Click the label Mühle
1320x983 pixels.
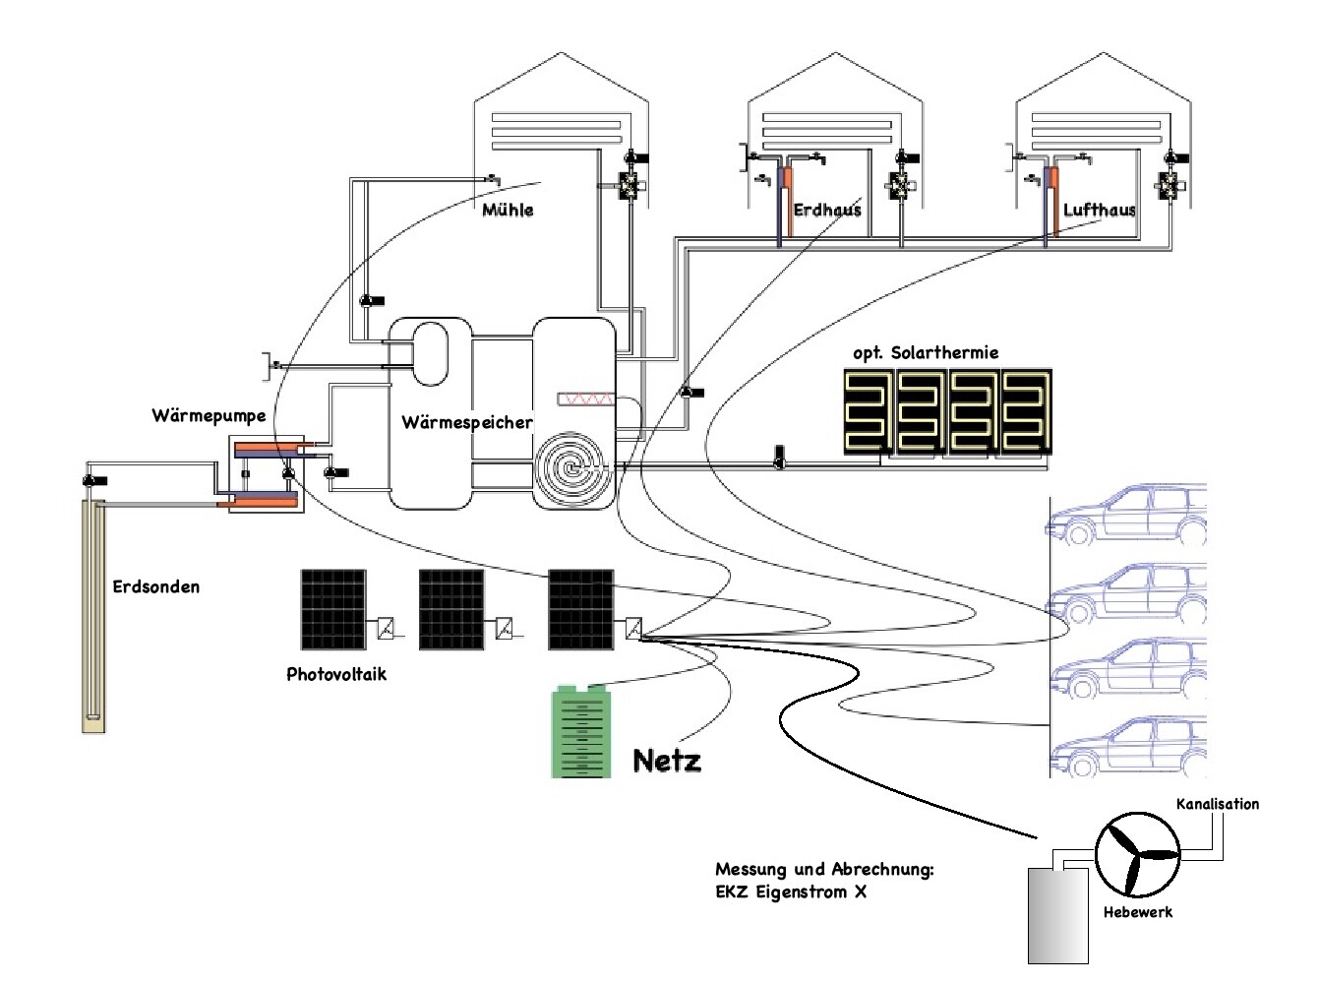(508, 210)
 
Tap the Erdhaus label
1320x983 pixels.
(826, 210)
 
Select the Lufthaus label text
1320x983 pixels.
(1099, 210)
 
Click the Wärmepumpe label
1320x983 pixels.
(209, 415)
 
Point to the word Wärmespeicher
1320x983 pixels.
(467, 422)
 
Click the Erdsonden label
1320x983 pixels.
(155, 586)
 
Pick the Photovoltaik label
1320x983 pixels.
(336, 674)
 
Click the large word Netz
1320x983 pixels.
(667, 760)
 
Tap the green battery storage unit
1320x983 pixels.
(580, 732)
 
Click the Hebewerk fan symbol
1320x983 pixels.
(1137, 853)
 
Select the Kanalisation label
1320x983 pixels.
(1217, 804)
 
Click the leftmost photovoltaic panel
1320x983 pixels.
(333, 609)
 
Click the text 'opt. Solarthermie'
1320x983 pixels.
(925, 352)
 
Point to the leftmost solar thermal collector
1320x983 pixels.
(869, 411)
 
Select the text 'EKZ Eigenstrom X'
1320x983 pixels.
(791, 892)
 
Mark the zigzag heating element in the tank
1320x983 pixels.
(586, 399)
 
